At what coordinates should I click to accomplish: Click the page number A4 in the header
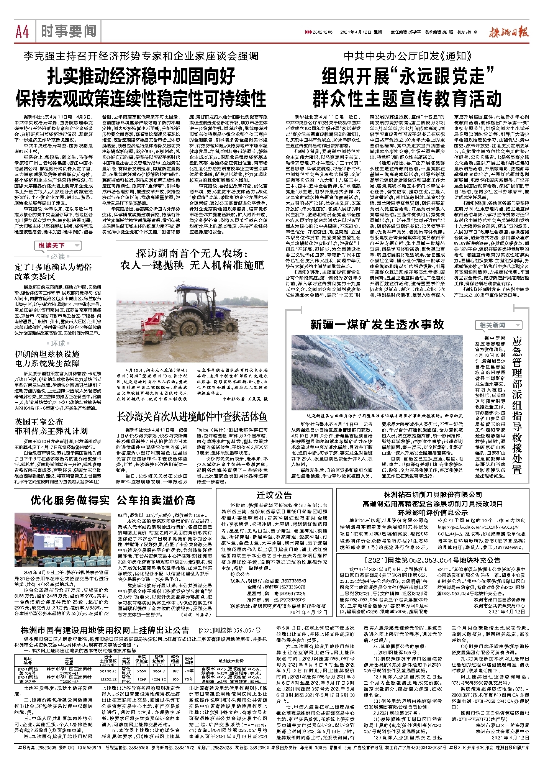[22, 31]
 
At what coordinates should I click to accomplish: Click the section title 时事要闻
[69, 31]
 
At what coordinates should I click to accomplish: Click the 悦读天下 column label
[52, 245]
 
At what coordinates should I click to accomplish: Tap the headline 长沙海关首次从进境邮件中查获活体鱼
[192, 417]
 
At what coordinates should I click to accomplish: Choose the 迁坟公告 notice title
[274, 495]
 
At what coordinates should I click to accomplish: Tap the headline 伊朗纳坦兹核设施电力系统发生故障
[47, 358]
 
